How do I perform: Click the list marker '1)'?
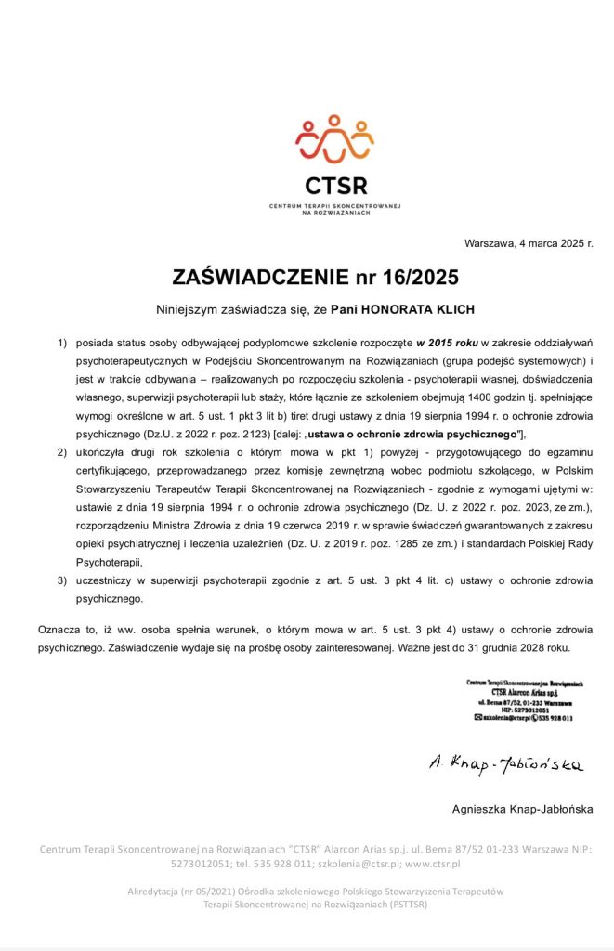(63, 344)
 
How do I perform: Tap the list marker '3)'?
(63, 580)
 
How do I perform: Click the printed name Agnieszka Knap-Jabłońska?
(522, 809)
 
